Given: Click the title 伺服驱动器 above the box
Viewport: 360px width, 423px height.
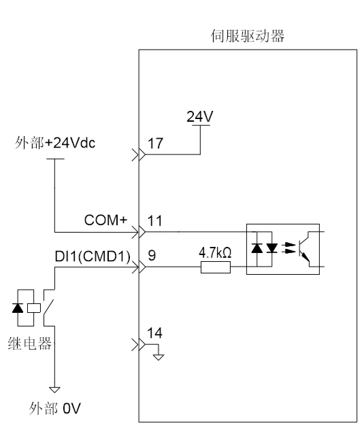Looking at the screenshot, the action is click(248, 36).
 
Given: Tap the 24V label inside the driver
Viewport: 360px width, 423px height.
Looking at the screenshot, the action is click(199, 116).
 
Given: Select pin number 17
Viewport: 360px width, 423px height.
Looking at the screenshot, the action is click(155, 143).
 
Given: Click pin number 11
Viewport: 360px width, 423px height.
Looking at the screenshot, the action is click(155, 221).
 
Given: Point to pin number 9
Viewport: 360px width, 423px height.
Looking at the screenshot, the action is click(152, 255).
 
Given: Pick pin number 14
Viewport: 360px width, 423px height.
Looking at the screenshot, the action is click(154, 333).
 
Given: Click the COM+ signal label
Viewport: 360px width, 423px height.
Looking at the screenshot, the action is click(105, 220).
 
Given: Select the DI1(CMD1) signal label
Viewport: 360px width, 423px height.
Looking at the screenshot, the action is click(93, 256).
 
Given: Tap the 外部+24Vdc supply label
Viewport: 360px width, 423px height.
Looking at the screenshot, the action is click(55, 143).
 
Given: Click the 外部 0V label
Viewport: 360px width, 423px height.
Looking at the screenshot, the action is click(54, 408).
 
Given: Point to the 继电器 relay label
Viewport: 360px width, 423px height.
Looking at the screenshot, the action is click(30, 343).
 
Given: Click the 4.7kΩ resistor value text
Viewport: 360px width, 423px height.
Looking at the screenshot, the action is click(215, 253).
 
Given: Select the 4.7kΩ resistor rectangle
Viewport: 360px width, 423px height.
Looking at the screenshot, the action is click(216, 267).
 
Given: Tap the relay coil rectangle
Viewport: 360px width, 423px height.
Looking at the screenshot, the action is click(34, 308).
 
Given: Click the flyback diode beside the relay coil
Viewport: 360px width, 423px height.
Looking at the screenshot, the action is click(18, 308).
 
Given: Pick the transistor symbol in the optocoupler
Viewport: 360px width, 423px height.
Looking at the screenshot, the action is click(304, 248).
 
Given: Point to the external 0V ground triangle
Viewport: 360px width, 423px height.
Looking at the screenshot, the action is click(54, 390).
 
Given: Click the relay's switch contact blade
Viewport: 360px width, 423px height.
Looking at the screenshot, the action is click(48, 307).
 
